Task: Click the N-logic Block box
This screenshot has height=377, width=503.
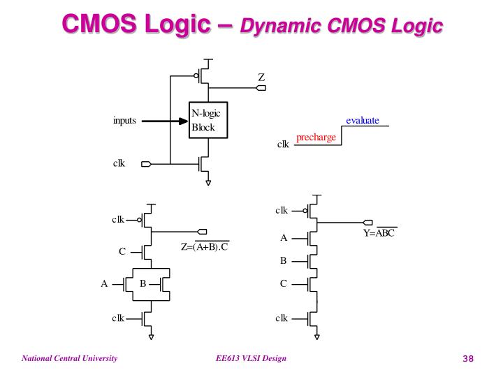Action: [209, 121]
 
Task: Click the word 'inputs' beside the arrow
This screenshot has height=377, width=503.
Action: [124, 121]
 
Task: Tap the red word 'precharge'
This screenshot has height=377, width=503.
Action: [316, 138]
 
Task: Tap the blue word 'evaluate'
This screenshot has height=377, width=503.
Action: [363, 121]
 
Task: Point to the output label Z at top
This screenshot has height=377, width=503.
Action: [261, 77]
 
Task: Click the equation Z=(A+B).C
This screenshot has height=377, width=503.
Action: [205, 246]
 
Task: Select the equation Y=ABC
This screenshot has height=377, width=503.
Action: [379, 233]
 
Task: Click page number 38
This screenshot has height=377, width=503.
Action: [468, 359]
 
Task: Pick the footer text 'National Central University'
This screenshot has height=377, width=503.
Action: [69, 359]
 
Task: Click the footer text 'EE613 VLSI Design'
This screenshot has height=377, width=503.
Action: [251, 359]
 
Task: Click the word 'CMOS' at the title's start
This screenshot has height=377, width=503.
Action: [95, 24]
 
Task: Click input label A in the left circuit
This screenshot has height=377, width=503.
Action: [104, 284]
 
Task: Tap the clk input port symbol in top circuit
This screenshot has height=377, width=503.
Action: [146, 165]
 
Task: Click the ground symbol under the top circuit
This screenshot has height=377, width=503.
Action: [208, 183]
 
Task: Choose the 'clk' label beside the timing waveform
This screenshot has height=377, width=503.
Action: [283, 145]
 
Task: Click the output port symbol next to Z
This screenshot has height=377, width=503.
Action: [261, 88]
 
